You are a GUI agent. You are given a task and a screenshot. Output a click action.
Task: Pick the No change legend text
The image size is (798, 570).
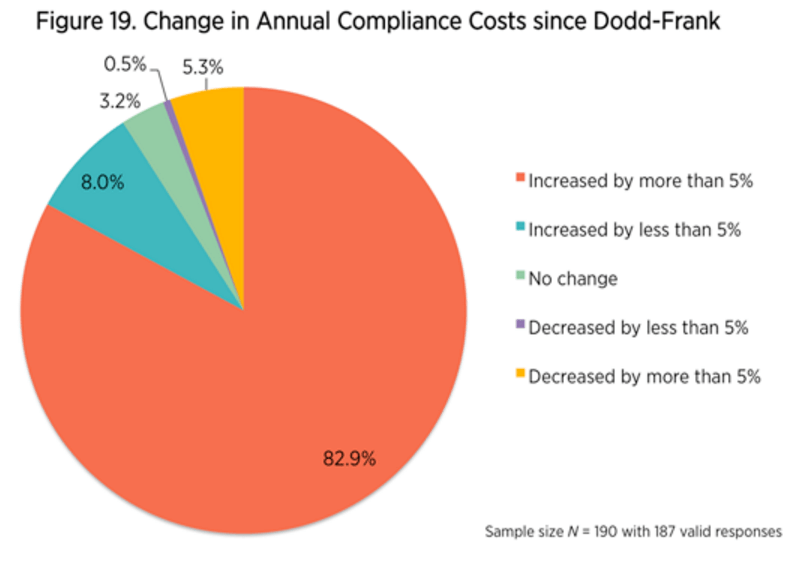[x=573, y=279]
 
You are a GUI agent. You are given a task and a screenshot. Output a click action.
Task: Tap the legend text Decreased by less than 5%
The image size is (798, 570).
[x=638, y=328]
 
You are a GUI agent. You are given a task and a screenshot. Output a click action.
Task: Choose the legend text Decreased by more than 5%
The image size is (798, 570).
[x=644, y=377]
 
